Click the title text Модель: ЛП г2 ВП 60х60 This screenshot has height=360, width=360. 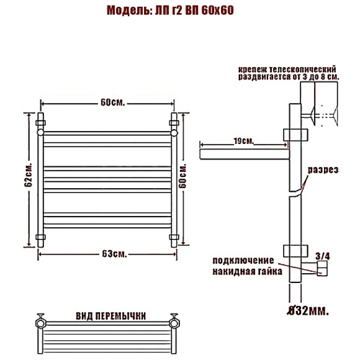[170, 11]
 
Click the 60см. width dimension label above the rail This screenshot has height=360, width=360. [113, 102]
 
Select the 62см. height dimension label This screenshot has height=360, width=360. [28, 175]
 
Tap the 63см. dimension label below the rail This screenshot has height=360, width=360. [114, 254]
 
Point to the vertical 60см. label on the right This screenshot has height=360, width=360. [182, 176]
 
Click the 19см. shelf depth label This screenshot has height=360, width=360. [243, 141]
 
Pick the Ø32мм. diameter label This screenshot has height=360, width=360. [308, 311]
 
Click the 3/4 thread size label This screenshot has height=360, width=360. [323, 256]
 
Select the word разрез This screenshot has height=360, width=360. [323, 170]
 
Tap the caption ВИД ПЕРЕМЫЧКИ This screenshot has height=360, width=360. [110, 316]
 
